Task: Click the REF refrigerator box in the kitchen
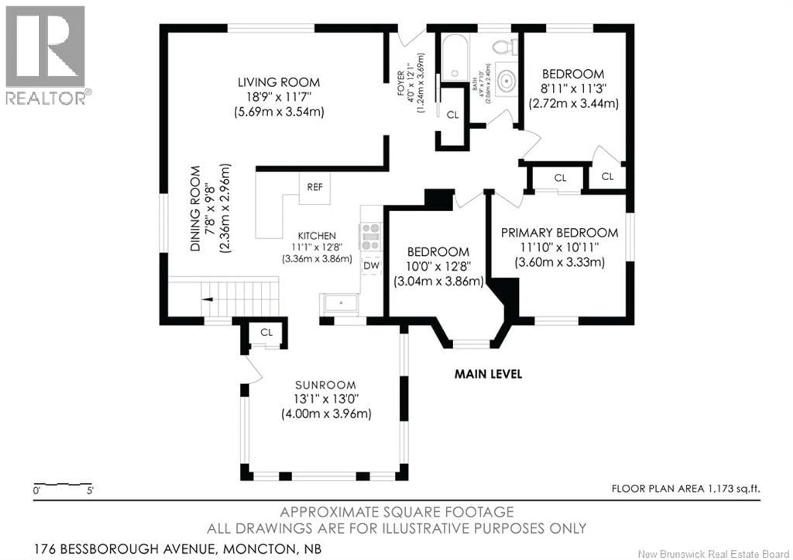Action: click(314, 188)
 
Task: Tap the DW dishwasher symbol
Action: click(371, 266)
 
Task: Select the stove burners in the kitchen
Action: click(371, 237)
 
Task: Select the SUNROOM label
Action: click(325, 385)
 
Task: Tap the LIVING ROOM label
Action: click(279, 82)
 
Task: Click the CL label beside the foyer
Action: click(452, 115)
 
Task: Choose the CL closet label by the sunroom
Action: click(266, 332)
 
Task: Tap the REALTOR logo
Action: click(46, 55)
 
